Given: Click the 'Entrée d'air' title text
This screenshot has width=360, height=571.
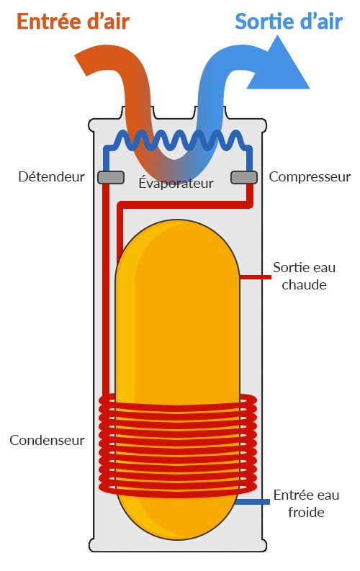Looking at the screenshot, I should point(73,22).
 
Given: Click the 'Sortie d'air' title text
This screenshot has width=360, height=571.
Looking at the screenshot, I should point(288,22).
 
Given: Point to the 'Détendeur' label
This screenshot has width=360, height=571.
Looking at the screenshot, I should point(51,176).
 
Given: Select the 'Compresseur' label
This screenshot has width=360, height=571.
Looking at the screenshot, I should point(310,176).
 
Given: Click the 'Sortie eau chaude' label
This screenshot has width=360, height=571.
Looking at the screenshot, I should point(304,276).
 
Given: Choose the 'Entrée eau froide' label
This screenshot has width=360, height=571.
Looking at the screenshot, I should point(305,504).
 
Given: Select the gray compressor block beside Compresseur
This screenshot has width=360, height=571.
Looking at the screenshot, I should point(244,176).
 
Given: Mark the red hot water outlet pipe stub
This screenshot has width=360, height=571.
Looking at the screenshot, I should point(252,276).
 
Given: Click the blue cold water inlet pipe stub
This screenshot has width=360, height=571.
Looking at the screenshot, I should point(252,502).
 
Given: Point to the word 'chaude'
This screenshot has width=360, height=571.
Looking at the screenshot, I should point(304,284).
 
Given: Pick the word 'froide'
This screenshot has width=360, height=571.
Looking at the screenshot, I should point(305,513).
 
